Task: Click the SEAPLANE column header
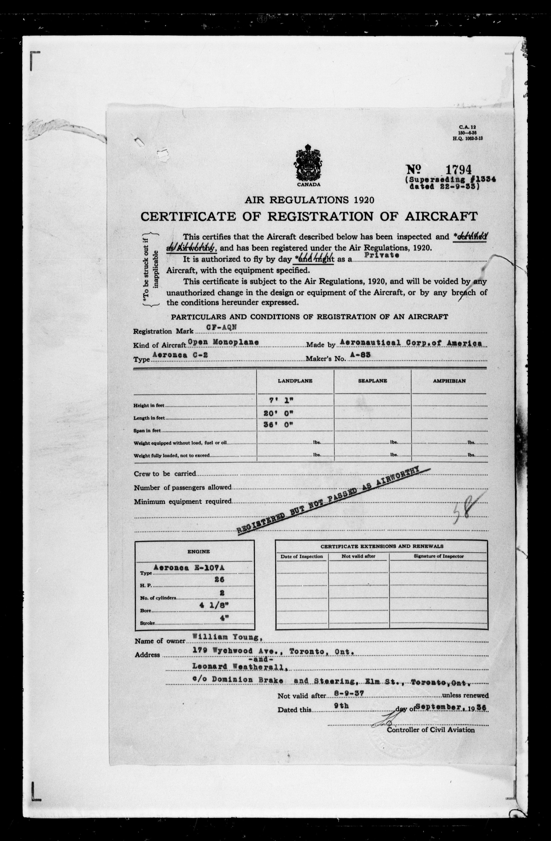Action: pos(372,381)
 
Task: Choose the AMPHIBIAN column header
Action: pos(449,381)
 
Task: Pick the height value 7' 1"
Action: pos(279,400)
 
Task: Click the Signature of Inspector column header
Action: pos(438,556)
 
